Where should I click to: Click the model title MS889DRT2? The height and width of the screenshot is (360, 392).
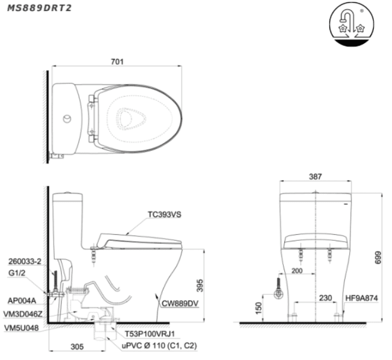[x=39, y=8]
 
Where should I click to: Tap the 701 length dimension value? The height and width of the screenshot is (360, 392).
[x=117, y=62]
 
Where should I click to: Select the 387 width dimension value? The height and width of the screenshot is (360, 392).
[x=315, y=177]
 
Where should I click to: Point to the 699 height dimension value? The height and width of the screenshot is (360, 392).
[x=378, y=257]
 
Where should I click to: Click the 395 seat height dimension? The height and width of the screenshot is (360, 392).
[x=200, y=285]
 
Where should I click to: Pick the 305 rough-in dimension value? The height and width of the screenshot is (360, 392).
[x=77, y=347]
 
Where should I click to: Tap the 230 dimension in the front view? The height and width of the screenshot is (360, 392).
[x=326, y=298]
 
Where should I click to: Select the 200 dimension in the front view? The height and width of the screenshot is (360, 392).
[x=297, y=271]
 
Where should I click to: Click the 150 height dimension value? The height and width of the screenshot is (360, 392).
[x=259, y=308]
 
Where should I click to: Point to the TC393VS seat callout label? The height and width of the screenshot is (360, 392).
[x=164, y=215]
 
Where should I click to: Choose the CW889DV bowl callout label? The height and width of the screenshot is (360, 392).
[x=180, y=303]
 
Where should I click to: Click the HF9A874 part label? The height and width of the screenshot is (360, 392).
[x=361, y=298]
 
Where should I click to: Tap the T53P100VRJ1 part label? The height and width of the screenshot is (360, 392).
[x=150, y=334]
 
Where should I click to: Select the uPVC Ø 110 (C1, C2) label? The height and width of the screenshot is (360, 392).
[x=159, y=346]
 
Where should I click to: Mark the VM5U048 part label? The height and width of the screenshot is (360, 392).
[x=21, y=328]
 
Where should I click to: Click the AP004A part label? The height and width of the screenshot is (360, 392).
[x=22, y=301]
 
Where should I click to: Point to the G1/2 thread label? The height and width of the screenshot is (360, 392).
[x=17, y=273]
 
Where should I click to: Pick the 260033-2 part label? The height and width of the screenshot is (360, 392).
[x=25, y=262]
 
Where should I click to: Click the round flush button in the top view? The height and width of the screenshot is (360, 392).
[x=67, y=119]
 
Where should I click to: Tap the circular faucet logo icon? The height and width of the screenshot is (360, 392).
[x=352, y=25]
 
